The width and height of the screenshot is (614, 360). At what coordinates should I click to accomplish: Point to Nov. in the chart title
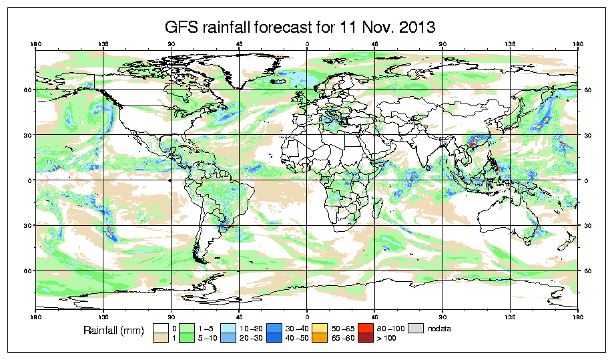367,27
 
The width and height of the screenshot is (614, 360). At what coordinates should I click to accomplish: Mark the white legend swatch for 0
160,329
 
